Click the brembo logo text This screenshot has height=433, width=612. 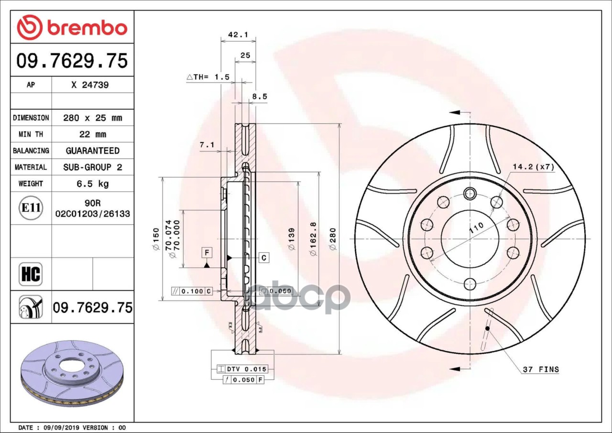point(87,28)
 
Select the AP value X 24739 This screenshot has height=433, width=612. point(90,85)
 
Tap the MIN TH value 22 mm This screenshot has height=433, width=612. point(93,134)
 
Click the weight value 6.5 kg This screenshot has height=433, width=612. point(93,184)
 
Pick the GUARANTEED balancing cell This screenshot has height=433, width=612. point(93,151)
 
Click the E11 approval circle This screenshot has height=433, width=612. point(31,208)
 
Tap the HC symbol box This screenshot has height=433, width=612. point(31,274)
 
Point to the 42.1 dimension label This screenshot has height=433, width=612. point(238,35)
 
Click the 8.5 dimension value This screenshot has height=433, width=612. point(260,97)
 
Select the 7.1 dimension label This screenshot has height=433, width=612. point(207,145)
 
